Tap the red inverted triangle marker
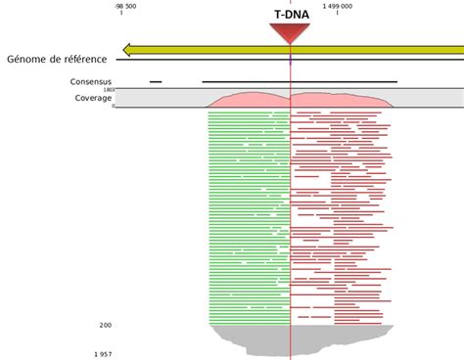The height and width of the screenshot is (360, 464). click(x=290, y=33)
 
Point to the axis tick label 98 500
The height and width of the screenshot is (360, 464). click(x=121, y=5)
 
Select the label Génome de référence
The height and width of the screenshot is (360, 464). click(x=57, y=60)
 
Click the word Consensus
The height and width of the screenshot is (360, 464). click(x=91, y=82)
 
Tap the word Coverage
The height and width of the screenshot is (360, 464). click(x=93, y=98)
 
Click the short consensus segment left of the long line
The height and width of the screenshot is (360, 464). click(x=156, y=82)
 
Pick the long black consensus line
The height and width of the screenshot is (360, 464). click(x=299, y=82)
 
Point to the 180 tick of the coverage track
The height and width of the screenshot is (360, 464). click(x=109, y=90)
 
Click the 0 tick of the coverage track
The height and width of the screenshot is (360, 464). click(x=113, y=106)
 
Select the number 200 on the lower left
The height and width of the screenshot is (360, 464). click(x=105, y=325)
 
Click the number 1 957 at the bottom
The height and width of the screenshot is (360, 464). click(x=103, y=352)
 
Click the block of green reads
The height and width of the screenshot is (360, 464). click(x=249, y=215)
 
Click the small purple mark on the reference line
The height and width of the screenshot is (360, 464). click(x=291, y=60)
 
